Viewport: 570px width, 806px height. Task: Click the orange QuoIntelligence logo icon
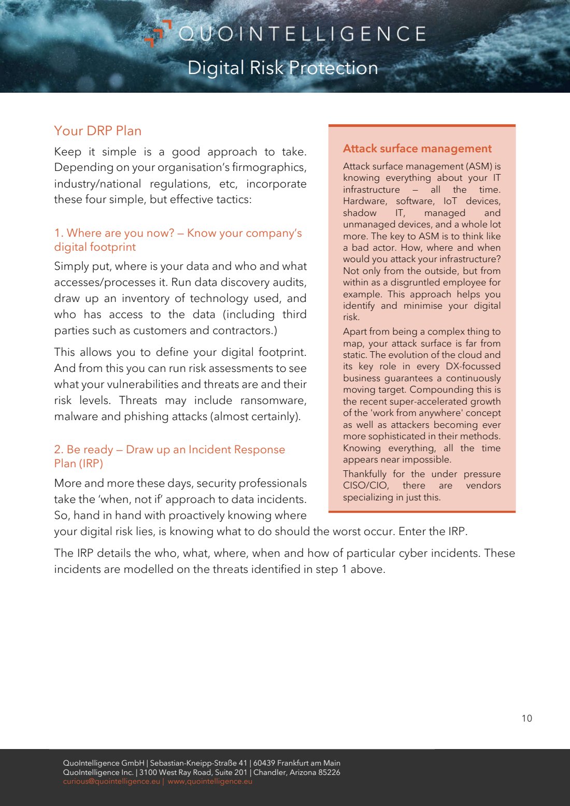click(x=158, y=33)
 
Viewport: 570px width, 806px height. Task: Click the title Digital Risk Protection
click(x=282, y=68)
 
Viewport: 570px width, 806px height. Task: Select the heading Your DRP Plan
click(x=97, y=131)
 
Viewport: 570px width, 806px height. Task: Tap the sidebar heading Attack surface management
click(x=417, y=149)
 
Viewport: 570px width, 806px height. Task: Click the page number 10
click(x=526, y=718)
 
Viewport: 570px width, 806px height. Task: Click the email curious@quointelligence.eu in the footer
click(x=111, y=781)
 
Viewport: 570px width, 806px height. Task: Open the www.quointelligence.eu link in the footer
click(x=210, y=781)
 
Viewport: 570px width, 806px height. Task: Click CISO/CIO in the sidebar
click(x=365, y=485)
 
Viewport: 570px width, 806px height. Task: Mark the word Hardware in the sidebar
click(x=364, y=201)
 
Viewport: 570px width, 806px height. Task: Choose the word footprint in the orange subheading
click(x=112, y=247)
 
